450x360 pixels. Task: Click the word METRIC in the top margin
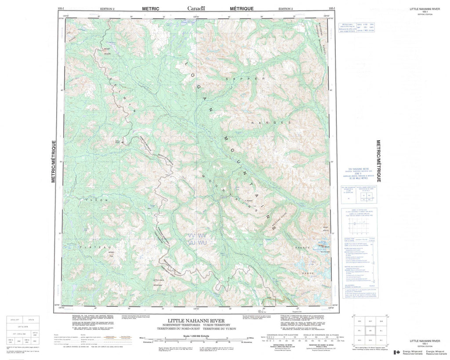pyautogui.click(x=150, y=8)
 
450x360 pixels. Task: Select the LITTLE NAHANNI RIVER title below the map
pyautogui.click(x=196, y=320)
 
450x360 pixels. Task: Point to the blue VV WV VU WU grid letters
pyautogui.click(x=196, y=239)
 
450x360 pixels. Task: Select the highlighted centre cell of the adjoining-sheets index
pyautogui.click(x=368, y=330)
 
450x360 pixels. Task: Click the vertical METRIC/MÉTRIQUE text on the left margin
pyautogui.click(x=53, y=161)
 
